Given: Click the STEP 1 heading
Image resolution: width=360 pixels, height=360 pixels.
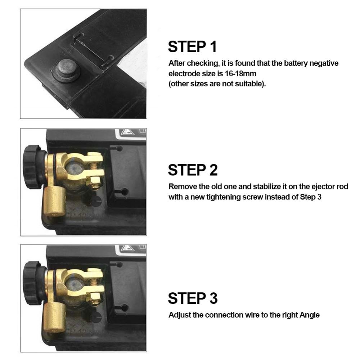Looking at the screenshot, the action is coord(192,46).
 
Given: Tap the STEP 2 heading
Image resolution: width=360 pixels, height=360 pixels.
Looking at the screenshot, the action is coord(193,170).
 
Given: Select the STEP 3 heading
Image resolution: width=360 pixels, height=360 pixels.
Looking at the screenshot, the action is coord(193,298).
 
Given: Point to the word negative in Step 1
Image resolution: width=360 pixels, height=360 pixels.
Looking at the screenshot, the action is coord(324,63).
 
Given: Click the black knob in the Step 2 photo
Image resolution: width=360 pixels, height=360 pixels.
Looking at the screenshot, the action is coord(32,167).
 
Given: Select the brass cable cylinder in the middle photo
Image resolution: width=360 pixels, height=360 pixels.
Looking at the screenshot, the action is coord(54,202).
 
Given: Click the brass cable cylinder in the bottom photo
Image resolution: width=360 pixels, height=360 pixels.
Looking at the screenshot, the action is coord(54,318).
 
